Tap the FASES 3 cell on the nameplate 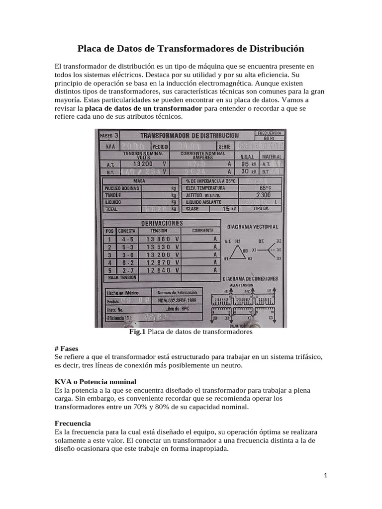coord(109,135)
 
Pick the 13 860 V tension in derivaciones coord(162,239)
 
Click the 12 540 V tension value coord(162,270)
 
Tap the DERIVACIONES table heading coord(162,223)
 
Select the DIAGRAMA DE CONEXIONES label coord(250,278)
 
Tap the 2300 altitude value coord(265,195)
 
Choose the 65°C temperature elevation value coord(265,188)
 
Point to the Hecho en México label coord(122,292)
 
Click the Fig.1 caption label coord(137,332)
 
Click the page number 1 coord(325,475)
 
